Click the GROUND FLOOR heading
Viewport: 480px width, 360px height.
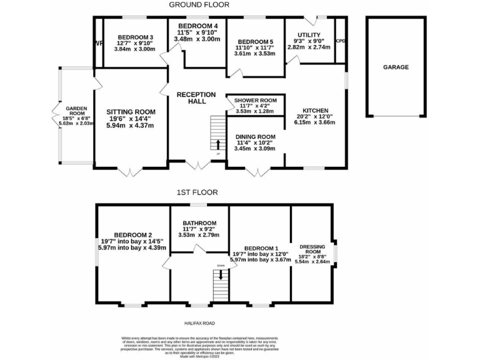pos(199,5)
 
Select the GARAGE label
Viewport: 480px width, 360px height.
pos(396,67)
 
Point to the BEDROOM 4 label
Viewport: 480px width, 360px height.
pos(197,25)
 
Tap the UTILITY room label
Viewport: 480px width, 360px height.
pos(309,35)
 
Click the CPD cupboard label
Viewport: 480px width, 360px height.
pos(341,41)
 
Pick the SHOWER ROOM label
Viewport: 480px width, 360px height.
pos(255,101)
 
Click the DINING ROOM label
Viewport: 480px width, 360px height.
pos(255,137)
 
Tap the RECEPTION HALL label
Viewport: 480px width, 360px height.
pos(196,98)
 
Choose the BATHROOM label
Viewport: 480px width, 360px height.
pos(199,223)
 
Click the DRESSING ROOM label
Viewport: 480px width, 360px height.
pos(312,249)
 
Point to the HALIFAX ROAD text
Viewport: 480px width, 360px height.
pos(199,323)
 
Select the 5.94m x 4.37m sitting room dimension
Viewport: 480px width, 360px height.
pos(130,126)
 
